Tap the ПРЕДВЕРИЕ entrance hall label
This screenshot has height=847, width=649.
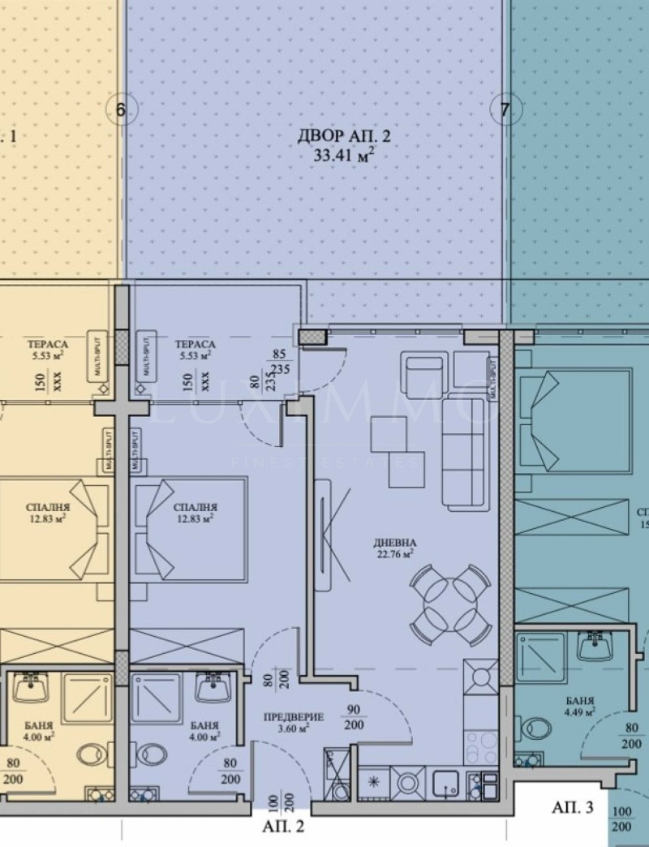(294, 717)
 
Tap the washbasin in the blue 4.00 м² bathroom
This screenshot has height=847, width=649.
(213, 690)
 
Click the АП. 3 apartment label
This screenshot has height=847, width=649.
(573, 807)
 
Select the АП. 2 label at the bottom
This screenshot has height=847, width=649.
(283, 828)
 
